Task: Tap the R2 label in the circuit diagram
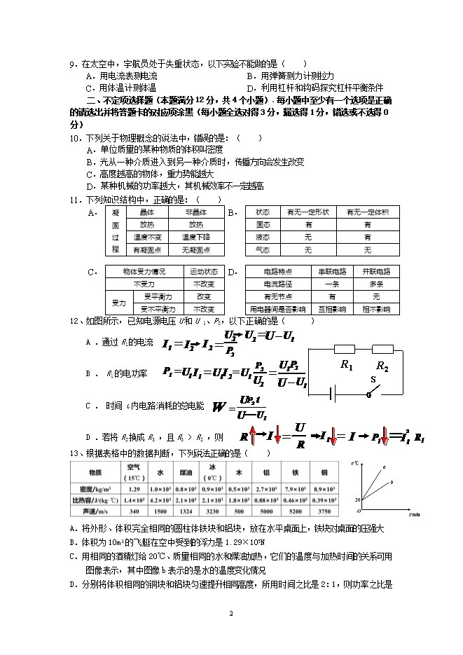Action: (382, 366)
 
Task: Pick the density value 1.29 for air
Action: (135, 488)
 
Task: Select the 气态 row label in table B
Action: (263, 249)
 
